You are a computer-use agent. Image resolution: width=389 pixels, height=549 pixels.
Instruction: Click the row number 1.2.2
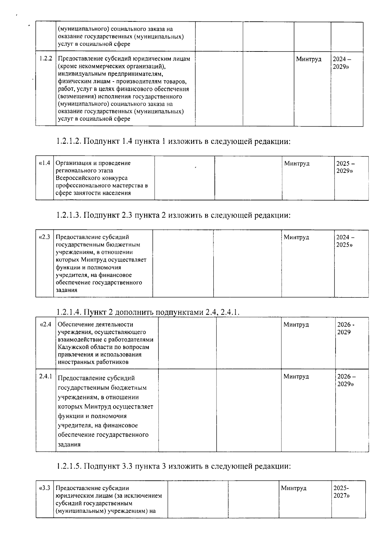click(x=46, y=59)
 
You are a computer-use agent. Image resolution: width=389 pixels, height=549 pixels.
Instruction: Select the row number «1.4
click(x=44, y=163)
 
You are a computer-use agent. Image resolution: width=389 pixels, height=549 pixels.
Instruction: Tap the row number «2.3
click(x=44, y=237)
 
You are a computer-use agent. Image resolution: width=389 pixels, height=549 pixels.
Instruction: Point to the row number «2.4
click(x=45, y=324)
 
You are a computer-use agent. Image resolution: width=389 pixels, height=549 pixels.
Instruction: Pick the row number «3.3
click(x=44, y=488)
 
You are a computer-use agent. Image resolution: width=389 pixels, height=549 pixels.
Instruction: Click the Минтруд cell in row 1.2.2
click(x=309, y=59)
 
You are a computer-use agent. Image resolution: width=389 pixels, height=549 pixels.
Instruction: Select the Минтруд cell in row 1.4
click(x=297, y=163)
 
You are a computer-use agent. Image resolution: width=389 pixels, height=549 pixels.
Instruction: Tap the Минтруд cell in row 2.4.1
click(x=296, y=376)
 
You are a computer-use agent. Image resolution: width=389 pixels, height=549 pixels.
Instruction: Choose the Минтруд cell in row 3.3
click(x=293, y=488)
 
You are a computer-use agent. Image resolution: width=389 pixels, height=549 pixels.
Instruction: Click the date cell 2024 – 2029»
click(x=342, y=63)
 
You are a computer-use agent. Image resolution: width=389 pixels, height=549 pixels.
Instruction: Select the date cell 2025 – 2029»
click(x=345, y=167)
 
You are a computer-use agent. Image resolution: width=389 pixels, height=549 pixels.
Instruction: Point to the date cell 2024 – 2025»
click(x=345, y=241)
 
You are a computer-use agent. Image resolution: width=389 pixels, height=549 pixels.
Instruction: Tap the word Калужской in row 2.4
click(x=73, y=347)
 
